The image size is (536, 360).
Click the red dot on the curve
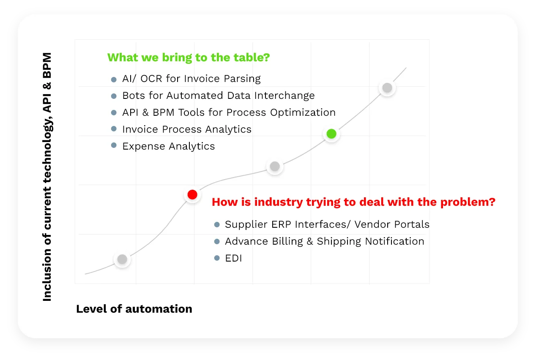click(192, 194)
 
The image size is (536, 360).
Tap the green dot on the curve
click(331, 134)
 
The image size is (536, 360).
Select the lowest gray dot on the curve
click(122, 259)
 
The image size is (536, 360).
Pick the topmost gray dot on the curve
click(387, 87)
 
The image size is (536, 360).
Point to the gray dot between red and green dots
click(275, 166)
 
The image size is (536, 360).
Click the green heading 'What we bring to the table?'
click(189, 57)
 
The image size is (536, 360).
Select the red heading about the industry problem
click(353, 202)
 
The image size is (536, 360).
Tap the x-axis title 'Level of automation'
click(134, 309)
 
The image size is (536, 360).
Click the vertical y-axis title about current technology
click(47, 177)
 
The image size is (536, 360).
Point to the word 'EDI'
click(233, 258)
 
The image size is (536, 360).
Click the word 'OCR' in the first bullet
click(151, 79)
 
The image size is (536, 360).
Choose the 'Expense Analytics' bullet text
click(169, 146)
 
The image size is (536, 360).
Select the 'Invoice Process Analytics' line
click(187, 129)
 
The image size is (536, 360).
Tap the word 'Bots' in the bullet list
click(134, 95)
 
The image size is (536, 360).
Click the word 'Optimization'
click(303, 113)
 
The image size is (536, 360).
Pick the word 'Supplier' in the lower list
click(246, 225)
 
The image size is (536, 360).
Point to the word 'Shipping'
click(339, 242)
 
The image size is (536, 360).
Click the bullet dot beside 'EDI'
click(217, 258)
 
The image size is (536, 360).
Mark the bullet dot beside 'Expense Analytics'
click(114, 145)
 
